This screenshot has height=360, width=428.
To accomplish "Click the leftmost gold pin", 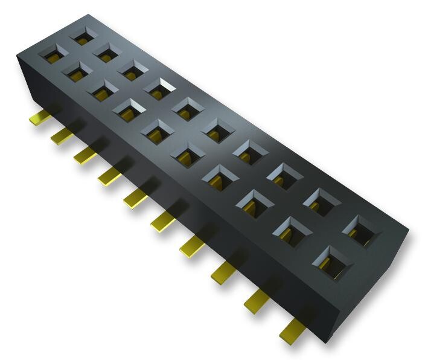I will point(38,118).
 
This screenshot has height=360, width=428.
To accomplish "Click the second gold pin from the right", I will point(256,300).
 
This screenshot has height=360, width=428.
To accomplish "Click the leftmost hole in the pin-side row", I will point(51,55).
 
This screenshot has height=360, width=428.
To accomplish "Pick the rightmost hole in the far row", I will point(360,229).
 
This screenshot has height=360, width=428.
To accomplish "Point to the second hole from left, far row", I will point(107,52).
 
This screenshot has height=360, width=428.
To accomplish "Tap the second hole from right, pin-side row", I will point(293,230).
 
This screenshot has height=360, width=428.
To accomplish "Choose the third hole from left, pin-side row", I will point(101,91).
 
